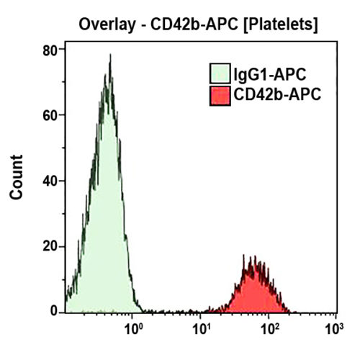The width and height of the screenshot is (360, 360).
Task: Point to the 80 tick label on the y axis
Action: pos(50,50)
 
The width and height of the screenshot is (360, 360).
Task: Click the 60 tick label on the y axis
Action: pos(50,115)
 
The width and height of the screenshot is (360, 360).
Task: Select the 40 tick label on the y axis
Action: pos(50,181)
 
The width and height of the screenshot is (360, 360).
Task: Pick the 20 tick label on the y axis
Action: pos(50,246)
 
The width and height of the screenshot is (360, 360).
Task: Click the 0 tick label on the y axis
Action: pos(53,312)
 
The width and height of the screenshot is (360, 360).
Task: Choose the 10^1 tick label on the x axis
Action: pos(201,330)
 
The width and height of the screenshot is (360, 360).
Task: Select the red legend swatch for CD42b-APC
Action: pos(219,95)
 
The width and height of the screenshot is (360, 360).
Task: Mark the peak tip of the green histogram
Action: pos(109,55)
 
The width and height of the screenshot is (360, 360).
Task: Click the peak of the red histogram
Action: pos(253,258)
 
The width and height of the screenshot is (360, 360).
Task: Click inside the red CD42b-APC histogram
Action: pos(253,295)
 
